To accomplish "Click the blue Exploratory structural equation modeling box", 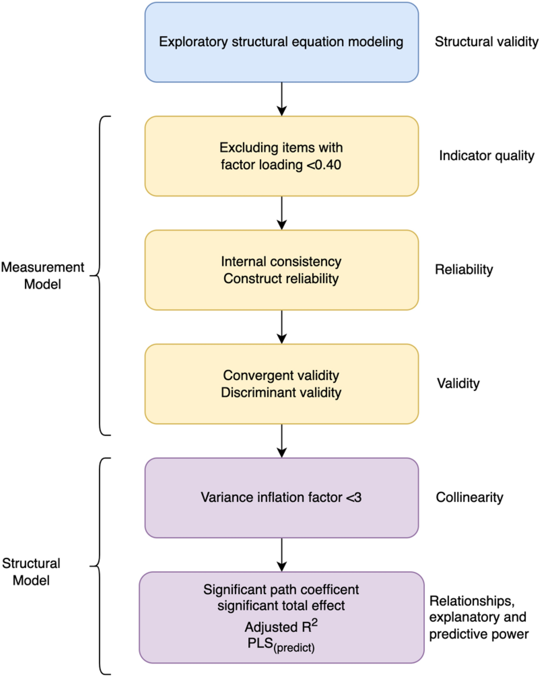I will (x=281, y=42).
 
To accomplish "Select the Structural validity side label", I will (x=486, y=42).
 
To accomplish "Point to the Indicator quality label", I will (x=486, y=155).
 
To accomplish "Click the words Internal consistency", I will (x=281, y=261).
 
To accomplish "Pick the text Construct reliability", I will (x=281, y=278).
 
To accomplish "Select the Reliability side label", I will (x=464, y=269).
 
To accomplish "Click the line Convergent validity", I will (x=281, y=375).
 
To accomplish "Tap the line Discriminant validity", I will (x=281, y=392).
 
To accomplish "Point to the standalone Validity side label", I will (x=458, y=383).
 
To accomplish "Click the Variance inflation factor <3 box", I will (x=281, y=497).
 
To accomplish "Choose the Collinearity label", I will (x=469, y=497).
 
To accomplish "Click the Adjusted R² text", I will (x=281, y=626).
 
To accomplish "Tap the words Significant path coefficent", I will (x=281, y=589).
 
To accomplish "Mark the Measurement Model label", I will (x=42, y=275).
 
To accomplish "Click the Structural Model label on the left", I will (x=31, y=571).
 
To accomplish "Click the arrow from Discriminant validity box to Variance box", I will (x=282, y=441).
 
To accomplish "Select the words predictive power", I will (x=479, y=634).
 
